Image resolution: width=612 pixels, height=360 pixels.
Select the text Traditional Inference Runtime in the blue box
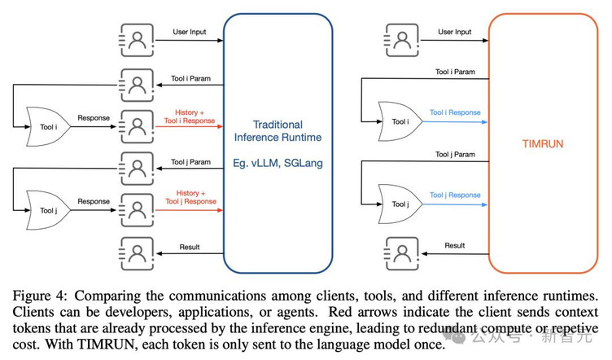coord(278,132)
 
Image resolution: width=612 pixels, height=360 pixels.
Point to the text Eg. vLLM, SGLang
coord(278,163)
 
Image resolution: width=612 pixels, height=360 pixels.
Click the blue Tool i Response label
coord(455,112)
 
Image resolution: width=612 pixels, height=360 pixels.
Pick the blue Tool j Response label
coord(455,195)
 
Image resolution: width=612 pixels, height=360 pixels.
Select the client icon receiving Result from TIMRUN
coord(400,252)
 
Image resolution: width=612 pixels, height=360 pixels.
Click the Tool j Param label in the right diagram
coord(455,154)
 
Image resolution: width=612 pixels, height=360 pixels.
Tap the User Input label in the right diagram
coord(455,32)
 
